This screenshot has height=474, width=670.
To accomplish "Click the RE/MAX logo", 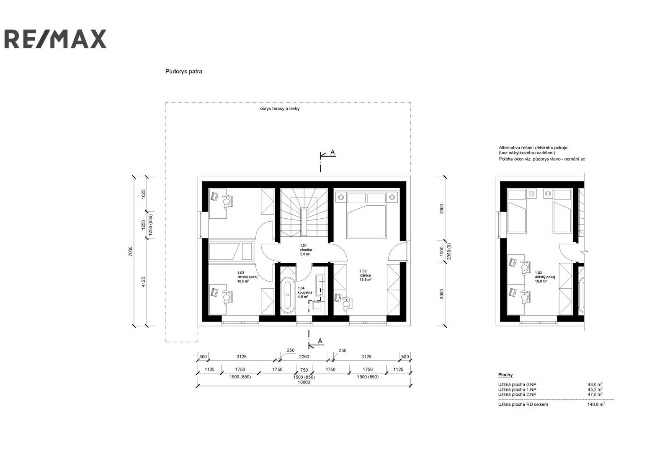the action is click(55, 39).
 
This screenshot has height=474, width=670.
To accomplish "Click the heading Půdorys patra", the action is click(184, 72).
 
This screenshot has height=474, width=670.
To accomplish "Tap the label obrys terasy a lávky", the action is click(280, 109).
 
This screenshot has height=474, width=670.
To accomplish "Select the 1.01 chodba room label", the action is click(306, 250).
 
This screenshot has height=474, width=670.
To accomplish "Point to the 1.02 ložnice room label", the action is click(366, 275).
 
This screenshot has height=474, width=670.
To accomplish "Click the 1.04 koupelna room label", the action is click(305, 292).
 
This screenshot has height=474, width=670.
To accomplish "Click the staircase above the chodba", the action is click(304, 213).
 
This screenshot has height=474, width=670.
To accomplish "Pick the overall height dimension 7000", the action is click(130, 251).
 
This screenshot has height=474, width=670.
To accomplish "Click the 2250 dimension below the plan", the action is click(304, 357).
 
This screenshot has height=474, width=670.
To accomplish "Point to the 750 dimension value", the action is click(304, 370).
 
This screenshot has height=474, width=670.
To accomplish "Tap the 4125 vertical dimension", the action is click(143, 282).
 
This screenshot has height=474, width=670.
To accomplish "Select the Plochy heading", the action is click(505, 375).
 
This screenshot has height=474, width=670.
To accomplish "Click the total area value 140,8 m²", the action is click(596, 404).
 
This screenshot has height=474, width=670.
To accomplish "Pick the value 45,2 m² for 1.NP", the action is click(595, 390).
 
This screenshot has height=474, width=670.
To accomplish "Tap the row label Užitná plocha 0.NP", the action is click(517, 384).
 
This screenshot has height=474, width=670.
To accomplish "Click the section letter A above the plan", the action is click(332, 153).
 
